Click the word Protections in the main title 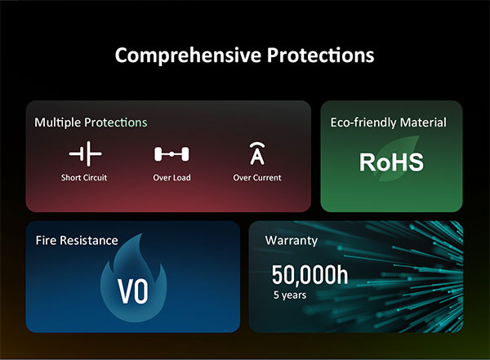coord(320,55)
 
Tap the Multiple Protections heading coord(91,122)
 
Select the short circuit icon coord(85,153)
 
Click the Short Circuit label coord(84,177)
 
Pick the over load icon coord(171,154)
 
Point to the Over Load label coord(171,177)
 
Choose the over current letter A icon coord(257,153)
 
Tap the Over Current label coord(257,177)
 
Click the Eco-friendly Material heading coord(389,122)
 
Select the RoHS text coord(391,162)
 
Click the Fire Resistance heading coord(77,240)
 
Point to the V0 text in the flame coord(133,291)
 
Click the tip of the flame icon coord(142,233)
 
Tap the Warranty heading coord(292,240)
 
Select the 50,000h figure coord(310,275)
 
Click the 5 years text coord(290,295)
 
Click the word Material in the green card coord(423,122)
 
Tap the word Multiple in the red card coord(58,122)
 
